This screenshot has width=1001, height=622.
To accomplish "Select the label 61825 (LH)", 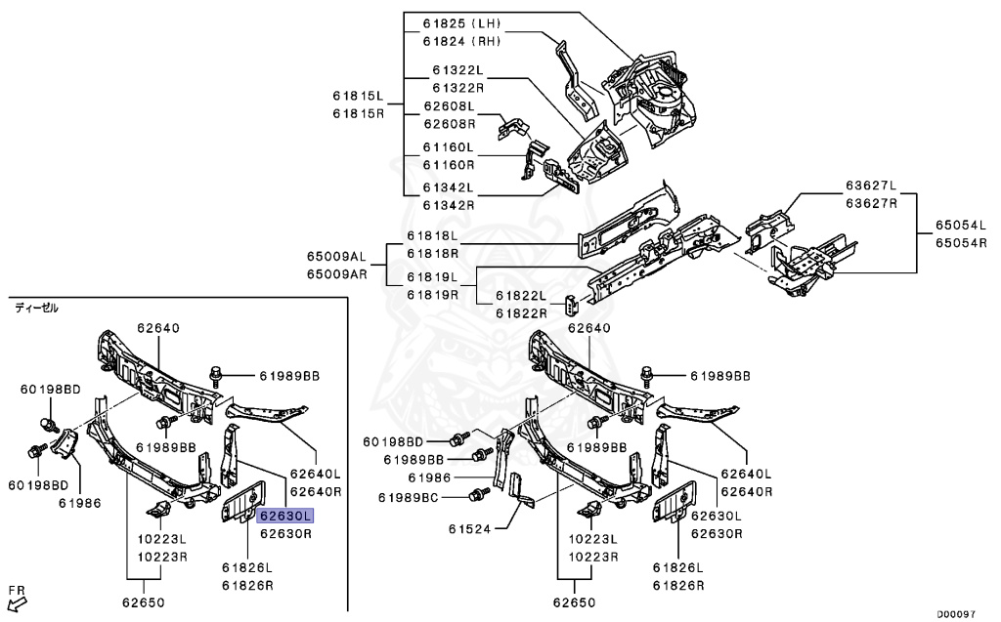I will (461, 22).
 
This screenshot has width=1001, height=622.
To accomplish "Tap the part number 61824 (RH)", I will (461, 41).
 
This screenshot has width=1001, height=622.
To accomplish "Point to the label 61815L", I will (359, 96).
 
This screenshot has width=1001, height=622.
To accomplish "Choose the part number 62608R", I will (449, 124).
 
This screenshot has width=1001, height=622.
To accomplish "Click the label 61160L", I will (449, 147).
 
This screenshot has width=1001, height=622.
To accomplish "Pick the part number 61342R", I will (449, 205).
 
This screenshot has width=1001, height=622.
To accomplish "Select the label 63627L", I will (872, 186).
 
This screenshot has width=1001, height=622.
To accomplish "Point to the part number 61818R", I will (433, 253).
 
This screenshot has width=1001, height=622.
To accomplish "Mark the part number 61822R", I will (521, 312).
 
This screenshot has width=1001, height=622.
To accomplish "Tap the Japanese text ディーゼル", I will (36, 308).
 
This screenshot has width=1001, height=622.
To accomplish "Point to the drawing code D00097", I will (955, 614).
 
